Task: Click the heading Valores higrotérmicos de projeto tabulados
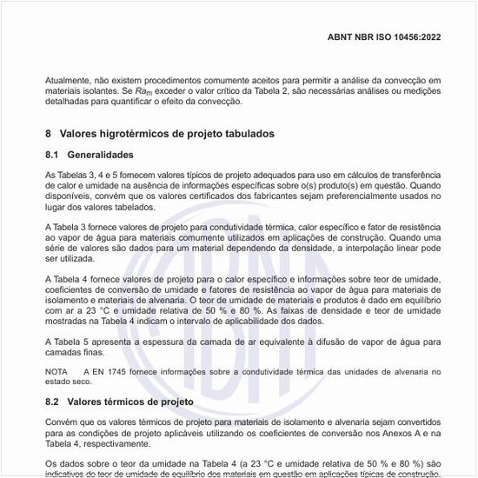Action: (x=165, y=134)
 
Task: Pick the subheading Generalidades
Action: (x=102, y=155)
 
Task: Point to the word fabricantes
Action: (x=282, y=196)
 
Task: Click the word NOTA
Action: (x=56, y=370)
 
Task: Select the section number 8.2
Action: (x=53, y=402)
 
